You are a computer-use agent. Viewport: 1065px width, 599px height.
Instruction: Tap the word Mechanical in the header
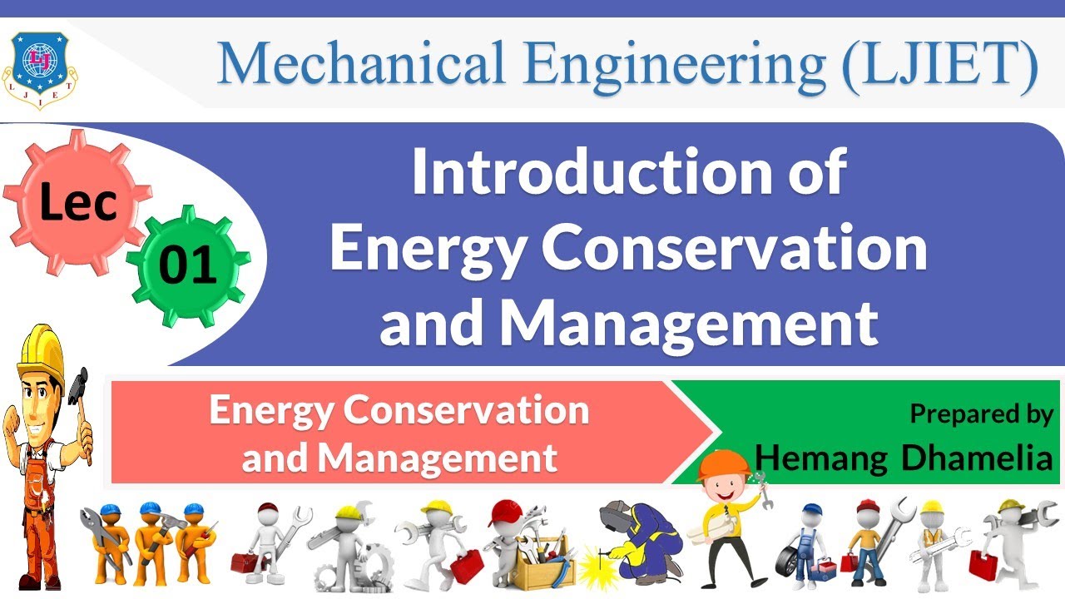(x=359, y=63)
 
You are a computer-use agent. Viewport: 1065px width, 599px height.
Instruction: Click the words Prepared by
(x=981, y=413)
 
